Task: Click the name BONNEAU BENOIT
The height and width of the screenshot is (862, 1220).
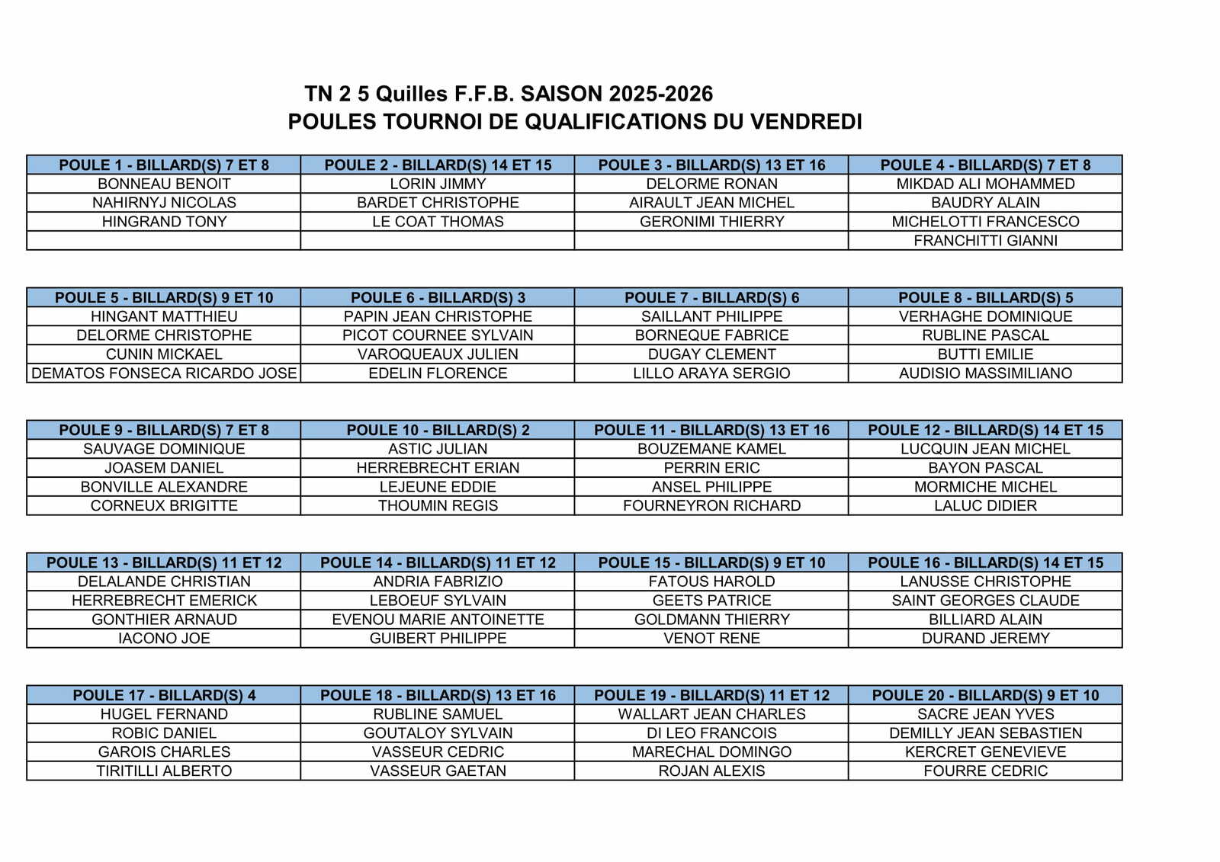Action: coord(164,184)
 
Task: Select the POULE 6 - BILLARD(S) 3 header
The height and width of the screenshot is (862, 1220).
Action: coord(438,297)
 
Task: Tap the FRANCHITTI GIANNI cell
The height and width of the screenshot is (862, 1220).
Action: coord(985,241)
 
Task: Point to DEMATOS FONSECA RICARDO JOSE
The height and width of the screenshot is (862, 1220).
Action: coord(164,373)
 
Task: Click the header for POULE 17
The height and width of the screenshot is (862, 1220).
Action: coord(164,695)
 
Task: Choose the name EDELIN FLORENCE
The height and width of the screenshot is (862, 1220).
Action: coord(438,373)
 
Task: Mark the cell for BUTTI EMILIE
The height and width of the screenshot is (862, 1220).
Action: coord(985,354)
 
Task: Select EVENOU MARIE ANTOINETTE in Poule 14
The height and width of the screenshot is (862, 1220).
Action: coord(438,620)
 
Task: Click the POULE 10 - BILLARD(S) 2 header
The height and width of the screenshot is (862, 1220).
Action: coord(438,430)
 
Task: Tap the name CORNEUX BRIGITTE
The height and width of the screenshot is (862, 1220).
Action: coord(164,506)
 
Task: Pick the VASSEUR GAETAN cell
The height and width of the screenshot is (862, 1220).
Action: coord(438,771)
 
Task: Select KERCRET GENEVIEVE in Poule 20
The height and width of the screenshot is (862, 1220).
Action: coord(985,751)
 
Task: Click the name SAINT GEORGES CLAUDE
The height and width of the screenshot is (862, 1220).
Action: coord(985,601)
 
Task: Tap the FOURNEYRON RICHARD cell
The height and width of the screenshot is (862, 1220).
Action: coord(711,506)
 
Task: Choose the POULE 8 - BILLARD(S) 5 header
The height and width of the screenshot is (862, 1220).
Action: coord(985,297)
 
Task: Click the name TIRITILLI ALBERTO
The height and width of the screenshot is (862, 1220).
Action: coord(164,771)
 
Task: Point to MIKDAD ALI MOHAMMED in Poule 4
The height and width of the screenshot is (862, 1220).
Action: coord(985,184)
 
